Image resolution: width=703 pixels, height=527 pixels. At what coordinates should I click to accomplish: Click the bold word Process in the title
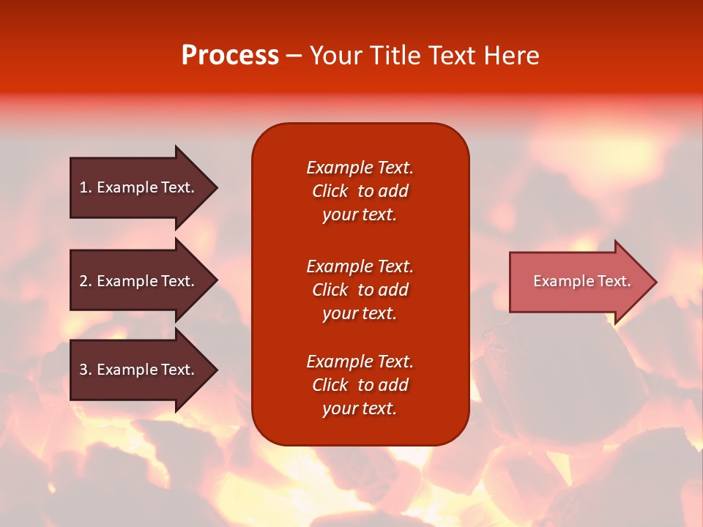pyautogui.click(x=230, y=56)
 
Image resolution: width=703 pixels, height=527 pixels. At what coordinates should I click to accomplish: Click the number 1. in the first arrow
pyautogui.click(x=85, y=187)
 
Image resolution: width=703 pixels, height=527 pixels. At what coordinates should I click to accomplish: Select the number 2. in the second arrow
pyautogui.click(x=85, y=281)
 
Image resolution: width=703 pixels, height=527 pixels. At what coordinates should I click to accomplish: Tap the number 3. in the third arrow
pyautogui.click(x=85, y=370)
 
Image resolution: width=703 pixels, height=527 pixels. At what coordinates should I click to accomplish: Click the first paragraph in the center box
pyautogui.click(x=360, y=191)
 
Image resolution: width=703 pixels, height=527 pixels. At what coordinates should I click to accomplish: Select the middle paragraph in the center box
pyautogui.click(x=360, y=290)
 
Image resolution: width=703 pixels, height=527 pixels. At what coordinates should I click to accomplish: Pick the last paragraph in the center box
pyautogui.click(x=360, y=385)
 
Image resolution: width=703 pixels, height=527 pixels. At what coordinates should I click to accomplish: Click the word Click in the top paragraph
pyautogui.click(x=330, y=191)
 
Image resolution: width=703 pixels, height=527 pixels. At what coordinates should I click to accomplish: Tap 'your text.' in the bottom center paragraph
pyautogui.click(x=360, y=408)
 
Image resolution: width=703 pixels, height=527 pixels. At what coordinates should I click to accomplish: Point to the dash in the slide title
pyautogui.click(x=294, y=56)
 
